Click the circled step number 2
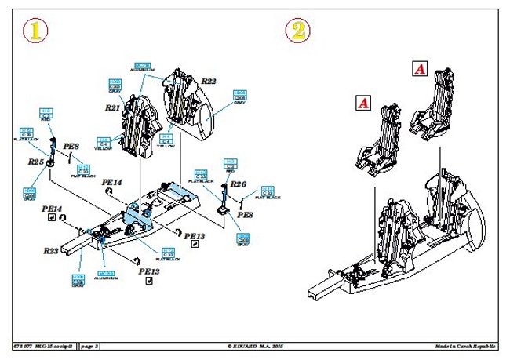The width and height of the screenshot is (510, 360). click(297, 31)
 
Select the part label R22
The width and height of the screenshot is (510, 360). click(208, 81)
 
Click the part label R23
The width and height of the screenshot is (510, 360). click(52, 251)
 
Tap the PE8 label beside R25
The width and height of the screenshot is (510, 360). click(71, 146)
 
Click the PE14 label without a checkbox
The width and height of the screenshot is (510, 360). click(112, 182)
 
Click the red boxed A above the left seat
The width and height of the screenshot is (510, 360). click(362, 102)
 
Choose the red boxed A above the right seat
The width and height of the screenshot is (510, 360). click(419, 70)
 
